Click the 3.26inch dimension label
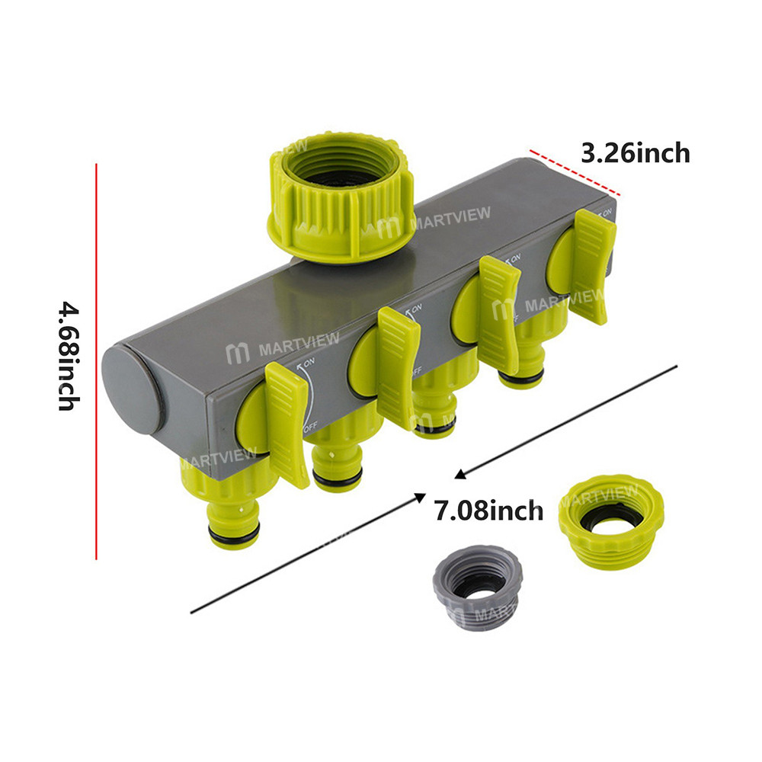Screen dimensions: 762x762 (636, 153)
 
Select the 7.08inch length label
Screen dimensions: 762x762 (488, 509)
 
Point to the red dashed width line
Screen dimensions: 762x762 (574, 173)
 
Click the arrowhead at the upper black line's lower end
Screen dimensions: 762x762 (459, 475)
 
